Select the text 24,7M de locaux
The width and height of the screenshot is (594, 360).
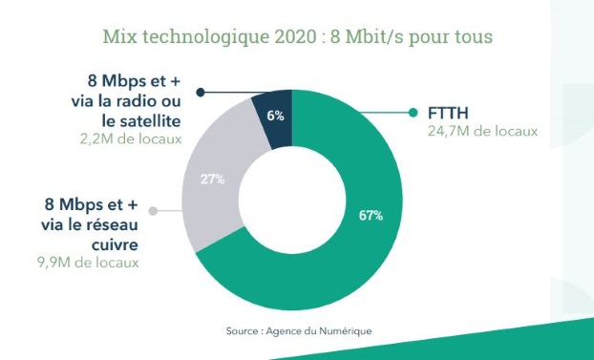pos(477,132)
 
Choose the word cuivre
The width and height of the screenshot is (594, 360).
pos(114,244)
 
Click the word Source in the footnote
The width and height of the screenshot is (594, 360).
pos(243,330)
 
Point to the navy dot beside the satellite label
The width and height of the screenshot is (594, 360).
pos(201,92)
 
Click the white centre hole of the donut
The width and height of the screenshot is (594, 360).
pos(293,191)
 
